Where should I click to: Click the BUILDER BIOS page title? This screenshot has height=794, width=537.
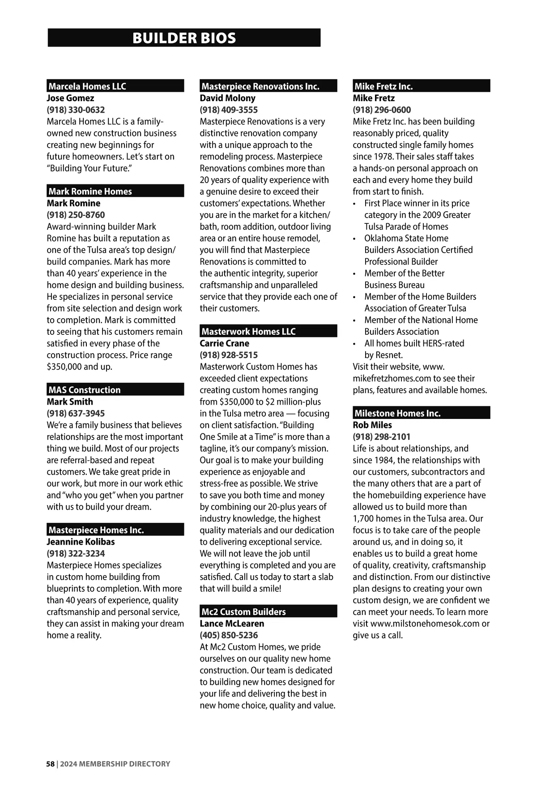[184, 38]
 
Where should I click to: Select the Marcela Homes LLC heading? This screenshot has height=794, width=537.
[87, 86]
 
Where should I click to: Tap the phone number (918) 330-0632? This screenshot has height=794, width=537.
[76, 110]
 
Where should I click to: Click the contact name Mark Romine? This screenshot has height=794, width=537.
[73, 203]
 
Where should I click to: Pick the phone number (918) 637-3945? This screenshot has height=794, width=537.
[76, 414]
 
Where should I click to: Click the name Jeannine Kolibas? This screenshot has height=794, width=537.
[81, 542]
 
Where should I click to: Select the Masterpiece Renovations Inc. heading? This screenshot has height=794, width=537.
[260, 86]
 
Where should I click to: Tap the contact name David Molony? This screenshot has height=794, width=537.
[227, 98]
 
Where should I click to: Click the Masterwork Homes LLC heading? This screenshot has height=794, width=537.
[248, 332]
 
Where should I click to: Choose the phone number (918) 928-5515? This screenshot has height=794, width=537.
[229, 355]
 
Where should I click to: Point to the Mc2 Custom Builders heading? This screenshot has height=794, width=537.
[243, 612]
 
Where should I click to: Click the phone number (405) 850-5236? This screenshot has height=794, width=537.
[229, 635]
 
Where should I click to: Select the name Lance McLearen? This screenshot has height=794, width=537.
[232, 623]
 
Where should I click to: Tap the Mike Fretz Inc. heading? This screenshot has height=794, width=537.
[384, 86]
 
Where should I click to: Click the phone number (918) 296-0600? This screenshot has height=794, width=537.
[382, 110]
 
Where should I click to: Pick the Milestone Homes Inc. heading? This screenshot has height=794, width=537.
[397, 414]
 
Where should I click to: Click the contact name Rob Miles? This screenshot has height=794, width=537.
[372, 425]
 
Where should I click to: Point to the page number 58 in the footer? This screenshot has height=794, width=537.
[50, 764]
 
